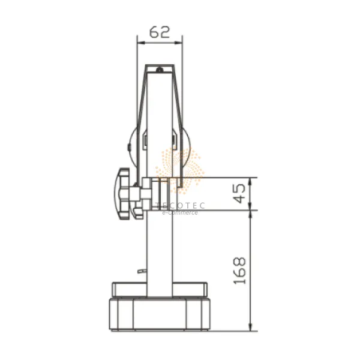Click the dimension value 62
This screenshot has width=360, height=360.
coord(160,32)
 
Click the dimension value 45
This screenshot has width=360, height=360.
coord(241,194)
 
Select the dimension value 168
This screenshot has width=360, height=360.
coord(240,271)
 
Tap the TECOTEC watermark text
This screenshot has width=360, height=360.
coord(180,205)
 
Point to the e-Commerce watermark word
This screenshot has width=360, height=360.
coord(180,212)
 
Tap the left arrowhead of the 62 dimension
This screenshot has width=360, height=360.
coord(141,43)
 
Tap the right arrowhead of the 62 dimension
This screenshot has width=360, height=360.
coord(178,43)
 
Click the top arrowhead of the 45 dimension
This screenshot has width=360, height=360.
coord(250,181)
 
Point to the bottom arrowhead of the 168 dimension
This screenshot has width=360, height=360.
coord(250,327)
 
